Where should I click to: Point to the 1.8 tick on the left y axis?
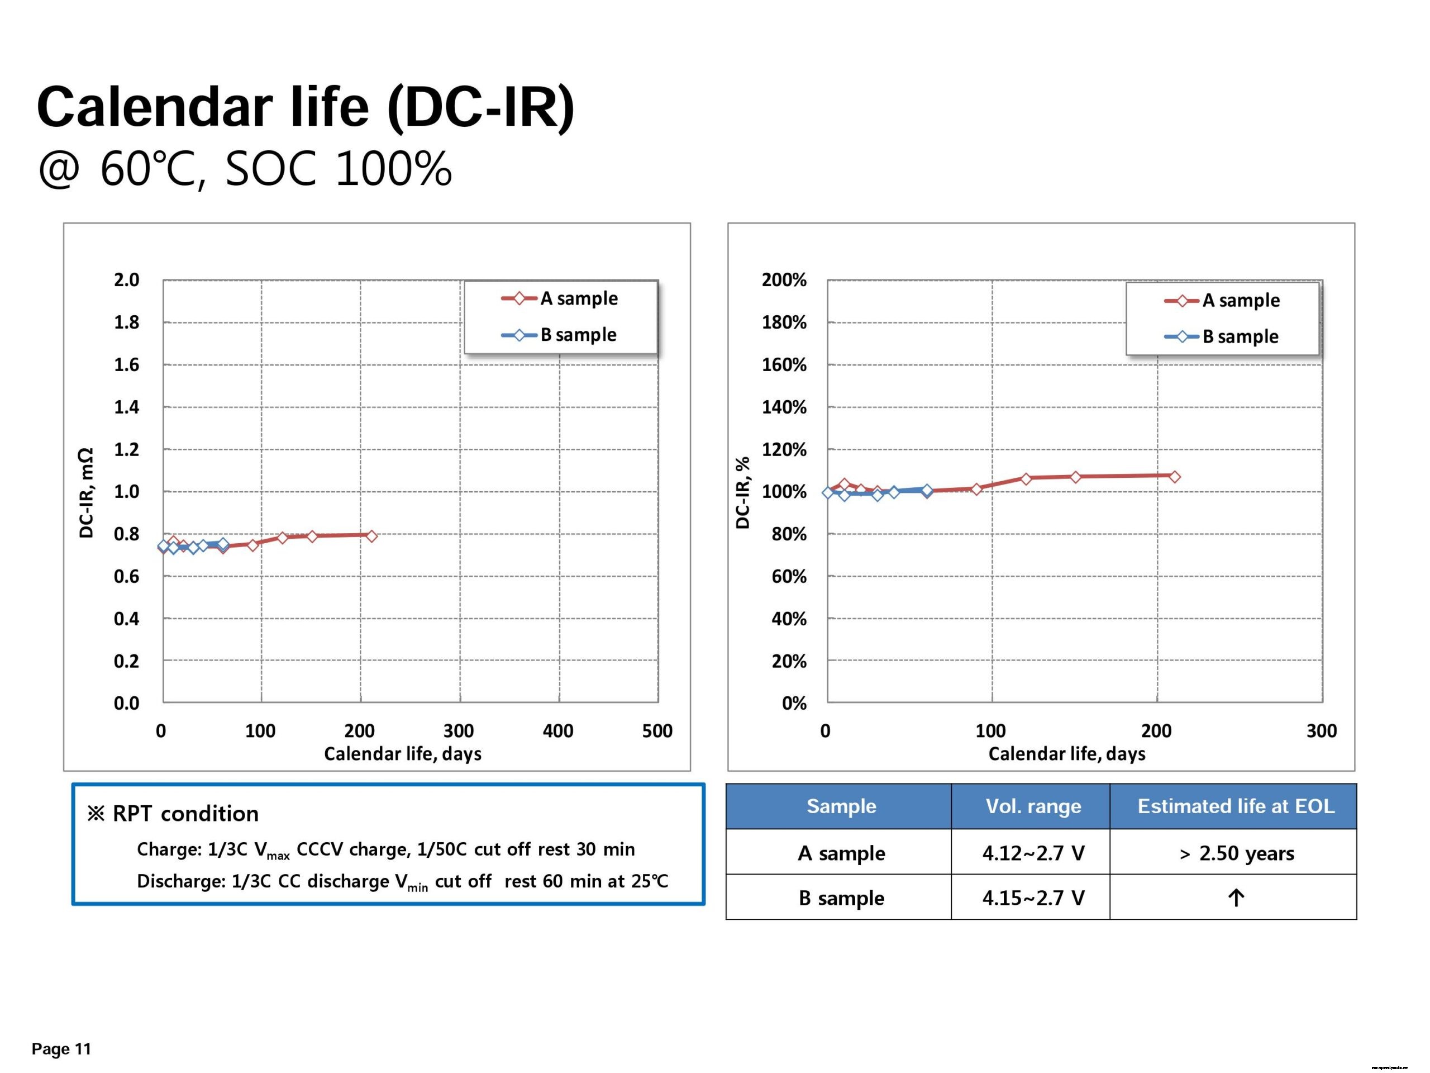click(126, 322)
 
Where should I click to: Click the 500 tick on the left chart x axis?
click(657, 731)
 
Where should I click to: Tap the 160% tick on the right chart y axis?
click(784, 365)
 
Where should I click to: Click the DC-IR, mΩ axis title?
click(86, 492)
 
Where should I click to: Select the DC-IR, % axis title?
click(743, 492)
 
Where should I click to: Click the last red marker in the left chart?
click(371, 535)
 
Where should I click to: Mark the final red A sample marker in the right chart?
click(1174, 477)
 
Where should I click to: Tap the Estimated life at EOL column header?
click(1236, 806)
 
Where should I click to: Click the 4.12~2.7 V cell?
click(1033, 853)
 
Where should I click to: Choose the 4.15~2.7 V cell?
click(1033, 898)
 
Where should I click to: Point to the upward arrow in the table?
click(1236, 898)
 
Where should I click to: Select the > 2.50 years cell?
click(1236, 853)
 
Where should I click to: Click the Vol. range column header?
click(1033, 806)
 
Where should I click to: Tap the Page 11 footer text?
click(61, 1048)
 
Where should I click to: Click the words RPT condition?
click(185, 814)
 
